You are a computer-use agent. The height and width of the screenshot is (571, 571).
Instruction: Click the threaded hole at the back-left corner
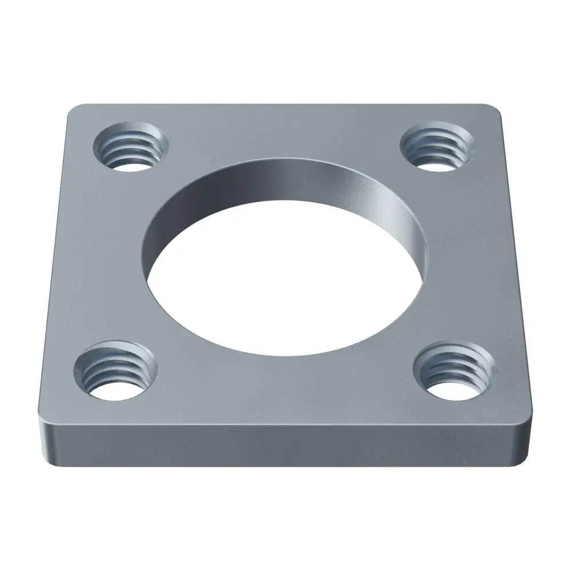point(131,146)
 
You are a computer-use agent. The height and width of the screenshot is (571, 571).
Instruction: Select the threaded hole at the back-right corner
point(437,146)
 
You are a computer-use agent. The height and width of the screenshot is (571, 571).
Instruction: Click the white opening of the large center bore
point(285,285)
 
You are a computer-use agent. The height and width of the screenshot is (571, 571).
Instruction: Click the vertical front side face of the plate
point(285,445)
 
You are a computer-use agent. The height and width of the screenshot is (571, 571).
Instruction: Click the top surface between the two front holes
point(285,388)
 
